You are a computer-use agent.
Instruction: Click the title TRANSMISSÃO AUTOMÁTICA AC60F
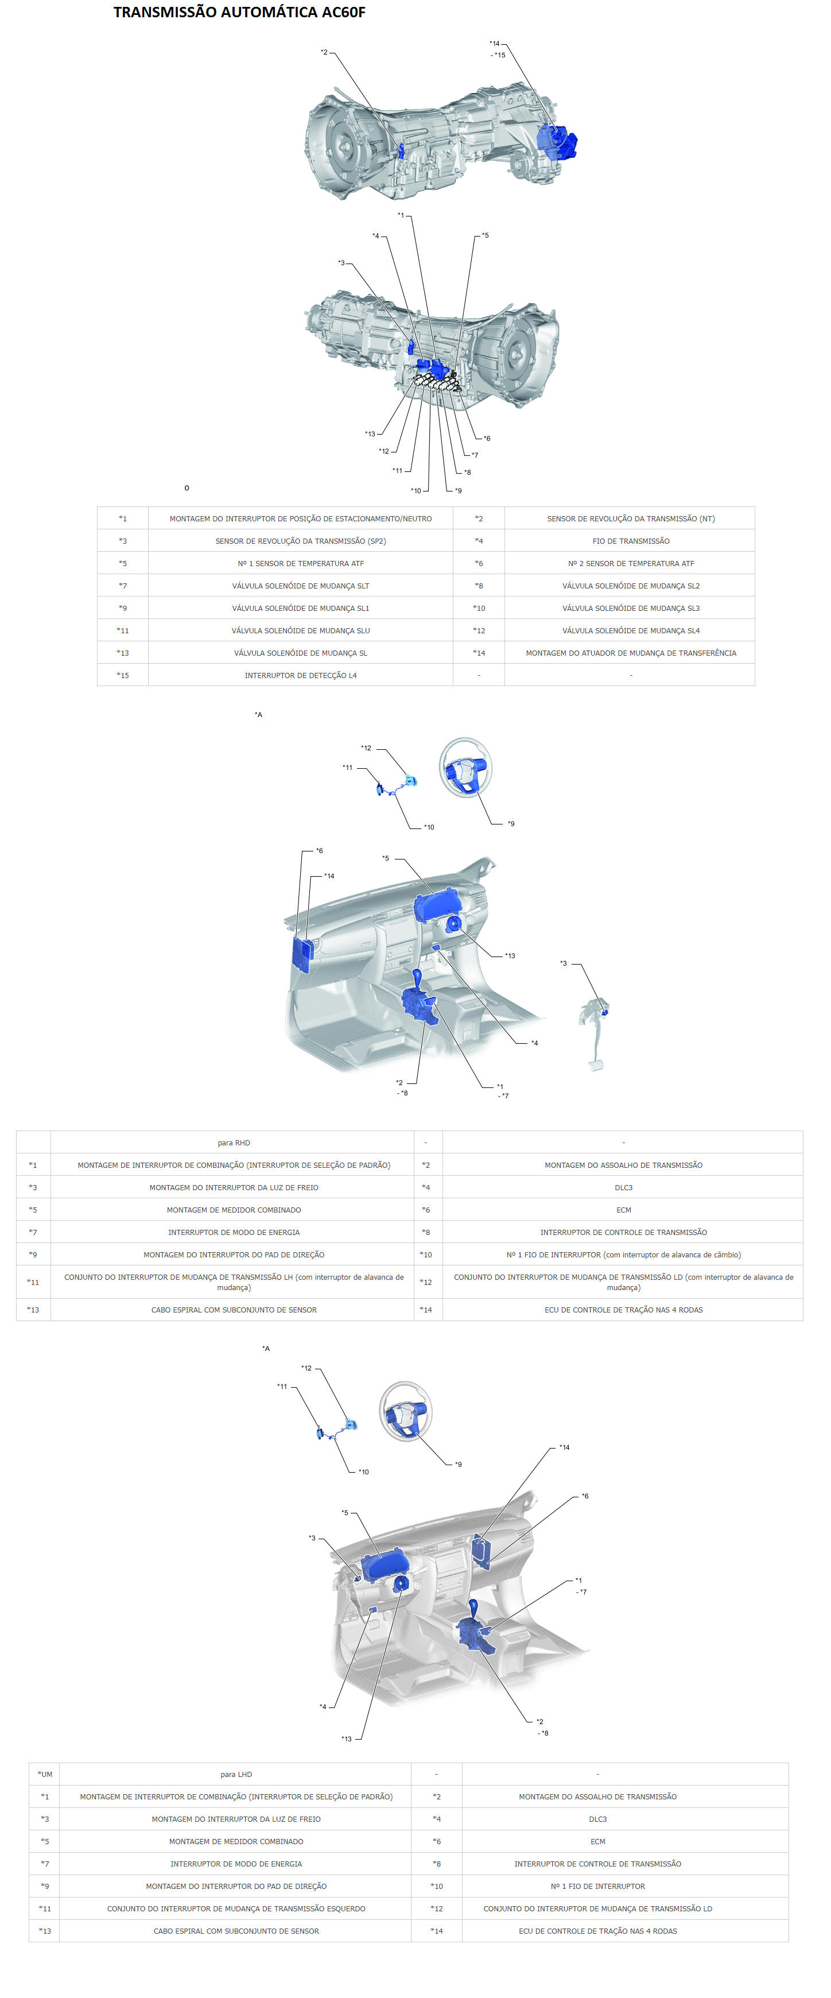[239, 13]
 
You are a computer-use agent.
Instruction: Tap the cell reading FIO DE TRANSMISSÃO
[630, 541]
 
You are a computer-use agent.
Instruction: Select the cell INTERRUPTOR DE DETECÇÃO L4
[301, 675]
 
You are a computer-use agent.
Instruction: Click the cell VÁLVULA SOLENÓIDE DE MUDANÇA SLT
[301, 586]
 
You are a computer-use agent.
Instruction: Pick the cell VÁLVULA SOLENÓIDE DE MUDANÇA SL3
[630, 608]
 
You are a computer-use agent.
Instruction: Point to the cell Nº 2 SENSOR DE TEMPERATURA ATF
[630, 563]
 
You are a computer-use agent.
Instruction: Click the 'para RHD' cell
[234, 1143]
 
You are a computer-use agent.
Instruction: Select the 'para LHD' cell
[236, 1774]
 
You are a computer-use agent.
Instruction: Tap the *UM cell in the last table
[45, 1774]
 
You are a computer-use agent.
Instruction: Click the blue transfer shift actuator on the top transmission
[557, 141]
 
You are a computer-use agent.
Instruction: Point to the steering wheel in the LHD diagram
[405, 1412]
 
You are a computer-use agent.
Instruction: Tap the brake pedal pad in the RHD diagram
[595, 1065]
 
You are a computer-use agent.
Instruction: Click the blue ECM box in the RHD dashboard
[302, 954]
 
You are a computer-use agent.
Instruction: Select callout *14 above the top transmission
[495, 44]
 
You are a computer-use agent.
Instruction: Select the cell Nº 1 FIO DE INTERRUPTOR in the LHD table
[597, 1885]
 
